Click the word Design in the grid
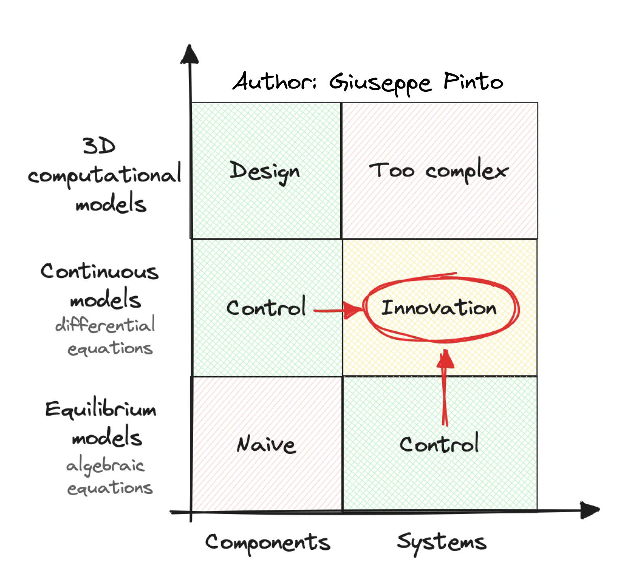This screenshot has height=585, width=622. point(264,171)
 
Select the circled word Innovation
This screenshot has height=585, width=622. point(439,308)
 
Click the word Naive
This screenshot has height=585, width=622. point(266,445)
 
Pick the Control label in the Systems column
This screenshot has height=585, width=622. point(439,444)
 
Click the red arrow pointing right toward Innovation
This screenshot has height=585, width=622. point(339,311)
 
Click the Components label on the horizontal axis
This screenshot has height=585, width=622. point(268,542)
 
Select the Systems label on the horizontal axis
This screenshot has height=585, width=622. point(441,542)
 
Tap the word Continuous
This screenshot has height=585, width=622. point(100,271)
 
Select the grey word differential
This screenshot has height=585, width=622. point(105,325)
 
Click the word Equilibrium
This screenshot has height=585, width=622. point(101,410)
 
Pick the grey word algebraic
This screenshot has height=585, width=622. point(105,466)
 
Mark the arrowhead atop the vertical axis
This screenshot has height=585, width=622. point(189,55)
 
